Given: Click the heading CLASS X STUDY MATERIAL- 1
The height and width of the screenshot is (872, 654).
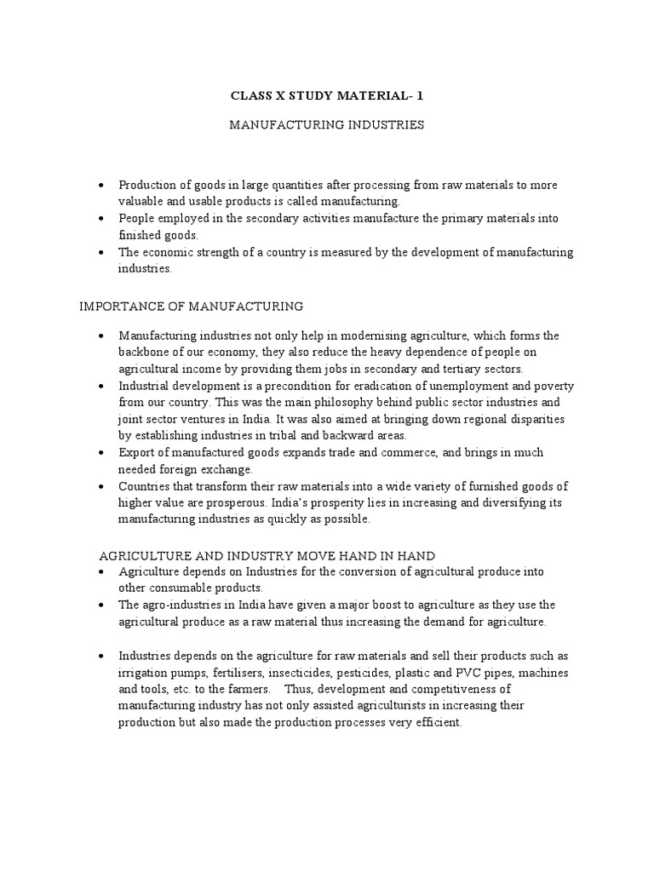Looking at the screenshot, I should pos(327,96).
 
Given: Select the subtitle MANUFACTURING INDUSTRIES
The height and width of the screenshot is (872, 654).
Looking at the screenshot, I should pos(327,125).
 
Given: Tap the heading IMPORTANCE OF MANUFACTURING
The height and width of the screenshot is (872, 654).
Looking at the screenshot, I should pos(191,305).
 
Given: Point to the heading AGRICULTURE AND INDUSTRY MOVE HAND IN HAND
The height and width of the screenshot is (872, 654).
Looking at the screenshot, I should pos(267,555).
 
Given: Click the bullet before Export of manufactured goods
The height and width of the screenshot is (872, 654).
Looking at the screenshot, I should pos(102,452).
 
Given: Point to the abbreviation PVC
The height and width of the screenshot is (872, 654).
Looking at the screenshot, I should pos(478,672).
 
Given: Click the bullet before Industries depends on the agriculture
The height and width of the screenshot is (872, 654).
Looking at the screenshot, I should pos(102,656).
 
